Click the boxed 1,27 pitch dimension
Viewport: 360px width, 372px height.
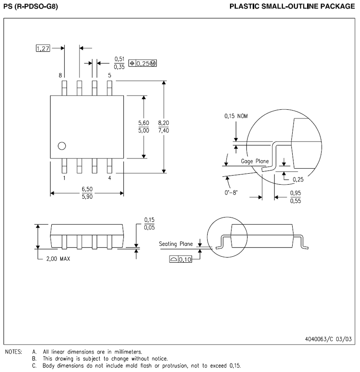click(x=43, y=48)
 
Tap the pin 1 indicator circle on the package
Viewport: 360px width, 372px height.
click(x=62, y=146)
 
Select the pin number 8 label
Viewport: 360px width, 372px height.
click(x=60, y=75)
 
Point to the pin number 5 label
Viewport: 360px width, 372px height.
click(x=110, y=75)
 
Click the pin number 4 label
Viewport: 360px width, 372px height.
click(x=110, y=178)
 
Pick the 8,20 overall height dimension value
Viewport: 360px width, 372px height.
click(x=163, y=123)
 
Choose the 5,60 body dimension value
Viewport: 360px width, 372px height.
click(x=144, y=123)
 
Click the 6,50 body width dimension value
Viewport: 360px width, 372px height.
click(x=87, y=189)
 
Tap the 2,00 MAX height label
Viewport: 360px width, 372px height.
click(x=58, y=258)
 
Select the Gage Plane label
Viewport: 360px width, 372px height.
click(x=255, y=161)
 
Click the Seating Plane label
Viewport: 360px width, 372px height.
click(x=176, y=244)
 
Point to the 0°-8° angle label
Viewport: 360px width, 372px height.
click(x=231, y=192)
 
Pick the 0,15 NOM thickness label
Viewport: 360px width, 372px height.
click(x=236, y=116)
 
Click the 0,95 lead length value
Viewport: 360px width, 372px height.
click(x=296, y=193)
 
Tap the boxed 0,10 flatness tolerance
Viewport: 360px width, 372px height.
click(x=180, y=259)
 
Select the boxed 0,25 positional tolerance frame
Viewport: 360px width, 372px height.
click(x=143, y=64)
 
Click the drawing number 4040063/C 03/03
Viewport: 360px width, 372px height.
click(x=328, y=339)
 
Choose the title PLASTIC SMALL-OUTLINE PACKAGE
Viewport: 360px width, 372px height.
click(x=292, y=6)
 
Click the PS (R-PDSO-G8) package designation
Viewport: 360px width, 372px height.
click(x=30, y=6)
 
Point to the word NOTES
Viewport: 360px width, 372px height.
click(x=14, y=352)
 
